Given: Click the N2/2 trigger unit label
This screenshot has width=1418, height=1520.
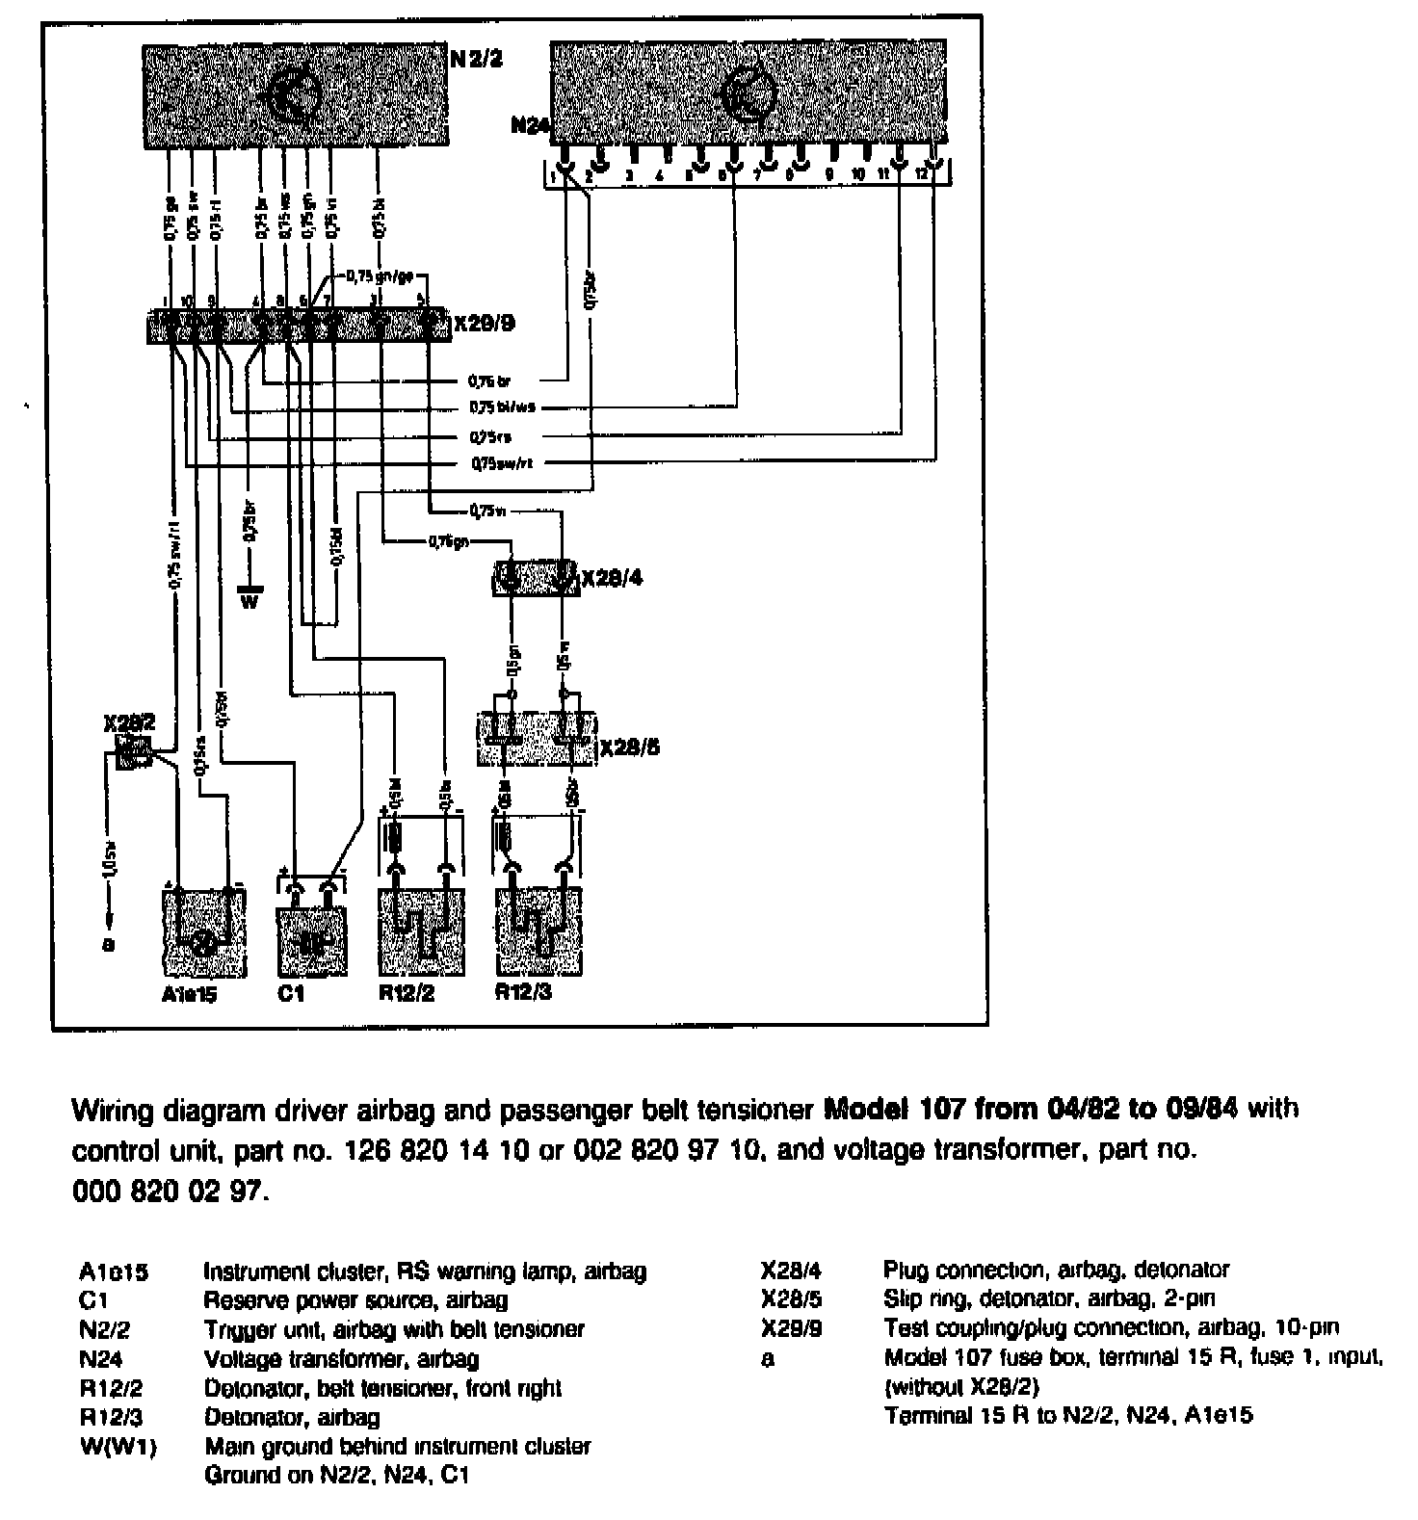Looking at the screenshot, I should point(477,60).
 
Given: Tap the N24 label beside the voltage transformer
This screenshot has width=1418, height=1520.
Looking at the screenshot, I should point(528,125).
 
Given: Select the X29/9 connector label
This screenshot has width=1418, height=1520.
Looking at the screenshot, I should point(485,323).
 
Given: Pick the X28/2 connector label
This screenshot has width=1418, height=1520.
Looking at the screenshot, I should point(129,721).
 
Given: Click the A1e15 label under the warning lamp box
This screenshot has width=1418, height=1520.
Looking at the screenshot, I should point(189,994).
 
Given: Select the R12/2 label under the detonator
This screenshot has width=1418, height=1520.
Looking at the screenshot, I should point(406,993).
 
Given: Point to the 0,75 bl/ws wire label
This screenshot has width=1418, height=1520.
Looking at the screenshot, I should point(501,406).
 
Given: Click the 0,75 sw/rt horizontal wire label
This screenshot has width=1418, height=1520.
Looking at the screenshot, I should point(501,463).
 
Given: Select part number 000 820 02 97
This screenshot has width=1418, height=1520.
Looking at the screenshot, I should point(166,1192).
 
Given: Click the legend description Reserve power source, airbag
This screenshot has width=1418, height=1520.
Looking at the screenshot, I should point(355,1300).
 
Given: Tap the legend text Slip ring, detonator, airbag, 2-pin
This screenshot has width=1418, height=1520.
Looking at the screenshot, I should point(1049,1298).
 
